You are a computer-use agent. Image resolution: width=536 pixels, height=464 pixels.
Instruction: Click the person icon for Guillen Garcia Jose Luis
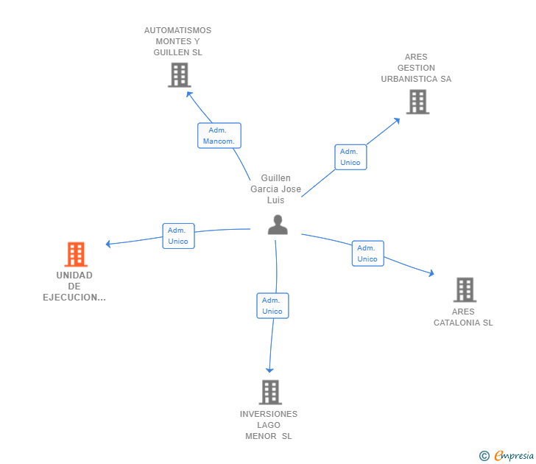coord(278,225)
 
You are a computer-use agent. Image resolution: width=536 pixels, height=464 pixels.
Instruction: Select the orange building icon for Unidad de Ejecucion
coord(76,254)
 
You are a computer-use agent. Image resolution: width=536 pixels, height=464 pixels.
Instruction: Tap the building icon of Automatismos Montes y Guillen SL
coord(179,75)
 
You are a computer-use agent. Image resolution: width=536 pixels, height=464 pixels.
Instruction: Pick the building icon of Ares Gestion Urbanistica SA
coord(417,102)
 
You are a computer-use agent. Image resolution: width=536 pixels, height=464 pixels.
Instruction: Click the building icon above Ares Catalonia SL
coord(465,289)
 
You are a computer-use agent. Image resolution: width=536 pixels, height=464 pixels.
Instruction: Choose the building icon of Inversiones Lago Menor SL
coord(270,392)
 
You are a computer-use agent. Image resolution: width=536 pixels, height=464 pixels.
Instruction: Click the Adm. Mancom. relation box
coord(219,136)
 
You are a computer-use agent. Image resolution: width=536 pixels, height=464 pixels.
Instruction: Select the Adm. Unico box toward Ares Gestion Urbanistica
coord(350,157)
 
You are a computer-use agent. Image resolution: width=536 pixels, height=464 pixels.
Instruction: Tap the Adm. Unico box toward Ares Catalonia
coord(367,253)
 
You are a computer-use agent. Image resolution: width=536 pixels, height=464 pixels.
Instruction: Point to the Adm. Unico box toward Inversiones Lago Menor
coord(272,306)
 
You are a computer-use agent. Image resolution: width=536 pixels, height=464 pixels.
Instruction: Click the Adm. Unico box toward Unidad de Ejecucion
coord(178,236)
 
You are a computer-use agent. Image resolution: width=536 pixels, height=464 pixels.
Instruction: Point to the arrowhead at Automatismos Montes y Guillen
coord(189,94)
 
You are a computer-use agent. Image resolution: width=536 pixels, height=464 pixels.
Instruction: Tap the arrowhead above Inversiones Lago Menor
coord(269,370)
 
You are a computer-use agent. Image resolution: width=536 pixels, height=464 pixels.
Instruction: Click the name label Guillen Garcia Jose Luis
coord(276,189)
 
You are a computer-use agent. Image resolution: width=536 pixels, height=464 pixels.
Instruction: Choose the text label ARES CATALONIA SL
coord(463,317)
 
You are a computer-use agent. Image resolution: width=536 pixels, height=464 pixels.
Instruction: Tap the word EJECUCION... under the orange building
coord(74,298)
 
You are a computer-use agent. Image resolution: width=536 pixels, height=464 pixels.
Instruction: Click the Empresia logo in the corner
coord(507,456)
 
